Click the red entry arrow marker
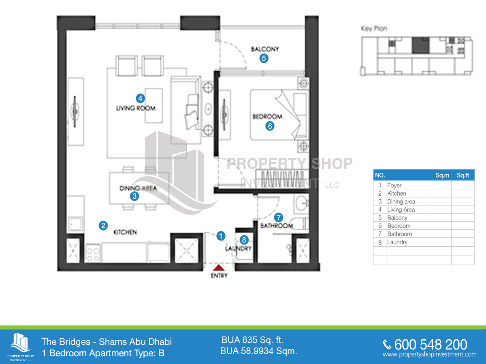[x=219, y=267]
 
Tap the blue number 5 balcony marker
[x=264, y=58]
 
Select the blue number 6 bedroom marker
[x=270, y=126]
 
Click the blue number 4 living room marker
[x=140, y=98]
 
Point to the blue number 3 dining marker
[x=134, y=197]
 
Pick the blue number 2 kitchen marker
[x=103, y=226]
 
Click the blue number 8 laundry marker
[x=243, y=240]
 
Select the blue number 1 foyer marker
[x=221, y=235]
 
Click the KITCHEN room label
[x=125, y=232]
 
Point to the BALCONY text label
[x=265, y=49]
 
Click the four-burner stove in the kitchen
[x=93, y=254]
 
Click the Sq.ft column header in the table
[x=463, y=175]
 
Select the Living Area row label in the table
[x=401, y=210]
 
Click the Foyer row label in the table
[x=394, y=185]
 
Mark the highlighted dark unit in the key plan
[x=420, y=44]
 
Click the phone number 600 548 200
[x=430, y=345]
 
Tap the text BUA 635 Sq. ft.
[x=252, y=340]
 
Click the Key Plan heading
[x=374, y=29]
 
